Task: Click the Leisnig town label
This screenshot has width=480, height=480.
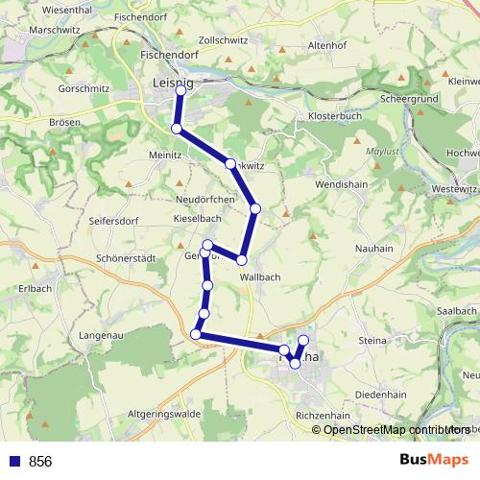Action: pyautogui.click(x=172, y=84)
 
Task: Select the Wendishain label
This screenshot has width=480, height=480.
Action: pyautogui.click(x=341, y=181)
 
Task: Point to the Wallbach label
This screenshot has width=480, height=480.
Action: pyautogui.click(x=260, y=276)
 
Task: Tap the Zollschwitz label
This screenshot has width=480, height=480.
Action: pyautogui.click(x=223, y=42)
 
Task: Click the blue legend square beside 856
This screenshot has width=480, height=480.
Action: pyautogui.click(x=12, y=461)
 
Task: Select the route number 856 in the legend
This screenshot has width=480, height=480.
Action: pyautogui.click(x=40, y=461)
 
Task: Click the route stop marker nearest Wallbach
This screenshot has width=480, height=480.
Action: pyautogui.click(x=242, y=260)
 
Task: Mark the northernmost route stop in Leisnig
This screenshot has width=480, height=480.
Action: pyautogui.click(x=180, y=89)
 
